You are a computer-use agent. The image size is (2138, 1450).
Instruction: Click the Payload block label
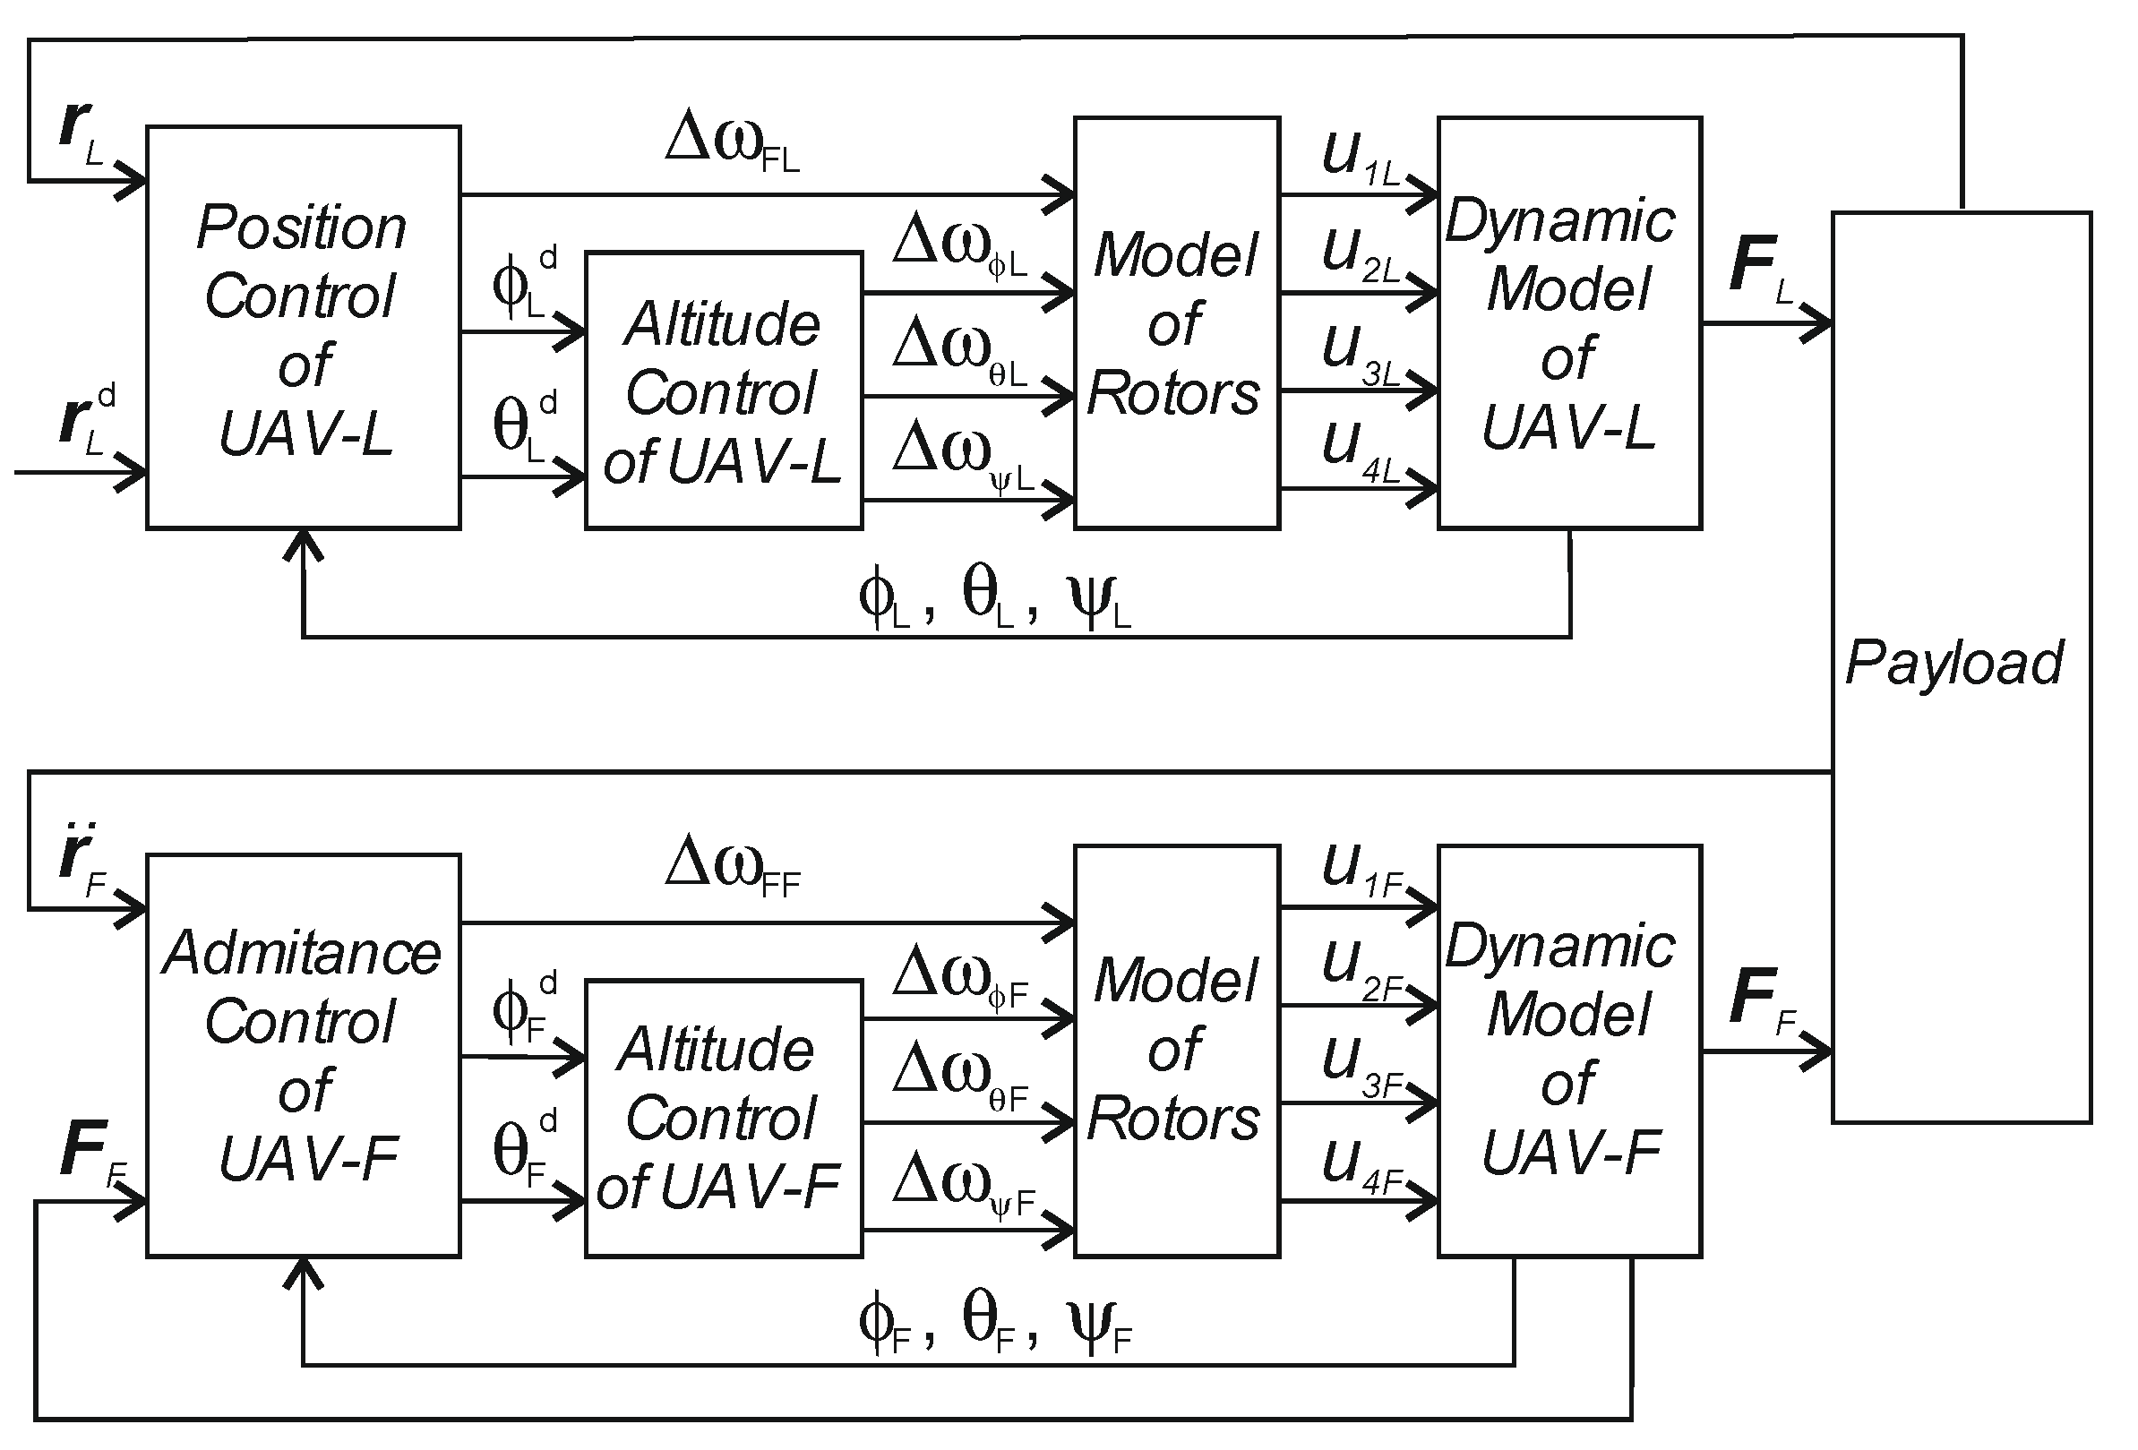click(1954, 663)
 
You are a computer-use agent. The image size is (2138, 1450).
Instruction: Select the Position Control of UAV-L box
click(303, 328)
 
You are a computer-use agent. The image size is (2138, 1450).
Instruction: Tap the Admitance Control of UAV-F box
click(303, 1055)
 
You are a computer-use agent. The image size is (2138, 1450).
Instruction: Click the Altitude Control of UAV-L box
click(723, 390)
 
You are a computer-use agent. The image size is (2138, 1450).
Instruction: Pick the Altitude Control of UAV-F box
click(723, 1118)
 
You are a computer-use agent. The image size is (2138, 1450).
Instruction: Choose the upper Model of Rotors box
click(1176, 323)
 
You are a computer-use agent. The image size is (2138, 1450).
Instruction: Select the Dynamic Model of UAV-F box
click(1569, 1051)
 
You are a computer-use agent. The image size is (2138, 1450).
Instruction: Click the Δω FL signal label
click(732, 142)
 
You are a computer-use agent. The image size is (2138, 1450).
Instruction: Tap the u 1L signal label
click(1358, 158)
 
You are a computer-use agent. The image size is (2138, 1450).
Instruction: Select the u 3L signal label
click(1358, 355)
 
